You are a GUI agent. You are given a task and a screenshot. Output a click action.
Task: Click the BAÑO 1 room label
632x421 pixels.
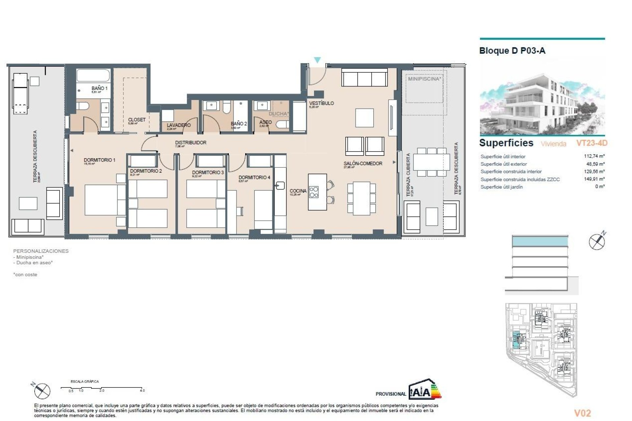(99, 88)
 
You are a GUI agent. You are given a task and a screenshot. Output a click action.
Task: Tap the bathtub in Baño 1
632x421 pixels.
(93, 75)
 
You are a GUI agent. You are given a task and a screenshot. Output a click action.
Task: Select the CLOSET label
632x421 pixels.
(137, 120)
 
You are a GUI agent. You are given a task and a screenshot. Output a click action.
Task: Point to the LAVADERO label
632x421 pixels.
(178, 125)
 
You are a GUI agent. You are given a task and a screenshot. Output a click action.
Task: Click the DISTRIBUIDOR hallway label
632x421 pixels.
(191, 143)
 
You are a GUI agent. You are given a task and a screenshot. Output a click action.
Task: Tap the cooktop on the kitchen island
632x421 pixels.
(314, 192)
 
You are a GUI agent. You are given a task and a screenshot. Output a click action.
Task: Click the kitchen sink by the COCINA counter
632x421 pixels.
(280, 186)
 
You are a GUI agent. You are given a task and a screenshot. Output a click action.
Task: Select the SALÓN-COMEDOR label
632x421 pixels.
(363, 163)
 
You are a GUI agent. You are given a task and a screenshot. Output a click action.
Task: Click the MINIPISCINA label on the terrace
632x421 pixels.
(424, 79)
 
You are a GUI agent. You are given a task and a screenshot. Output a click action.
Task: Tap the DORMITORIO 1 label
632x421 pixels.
(99, 160)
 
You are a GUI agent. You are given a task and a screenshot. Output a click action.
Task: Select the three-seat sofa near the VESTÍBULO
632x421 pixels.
(364, 78)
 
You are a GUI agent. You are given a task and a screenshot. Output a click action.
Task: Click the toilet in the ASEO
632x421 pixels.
(283, 124)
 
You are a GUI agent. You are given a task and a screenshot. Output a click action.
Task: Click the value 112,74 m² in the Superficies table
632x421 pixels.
(594, 156)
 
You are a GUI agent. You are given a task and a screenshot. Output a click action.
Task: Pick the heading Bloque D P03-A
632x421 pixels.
(512, 51)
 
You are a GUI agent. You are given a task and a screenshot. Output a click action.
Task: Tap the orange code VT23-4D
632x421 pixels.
(592, 143)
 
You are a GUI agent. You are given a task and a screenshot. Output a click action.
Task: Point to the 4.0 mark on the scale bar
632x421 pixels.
(142, 390)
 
